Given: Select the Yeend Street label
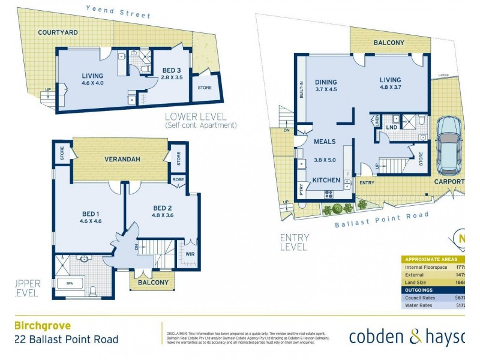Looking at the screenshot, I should (118, 11).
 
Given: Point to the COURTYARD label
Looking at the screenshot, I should (58, 32).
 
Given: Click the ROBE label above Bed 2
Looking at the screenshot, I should (178, 179).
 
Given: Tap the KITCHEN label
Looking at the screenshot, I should (326, 180).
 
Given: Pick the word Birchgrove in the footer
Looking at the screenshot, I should (43, 326).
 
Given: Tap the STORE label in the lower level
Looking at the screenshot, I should (204, 88).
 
